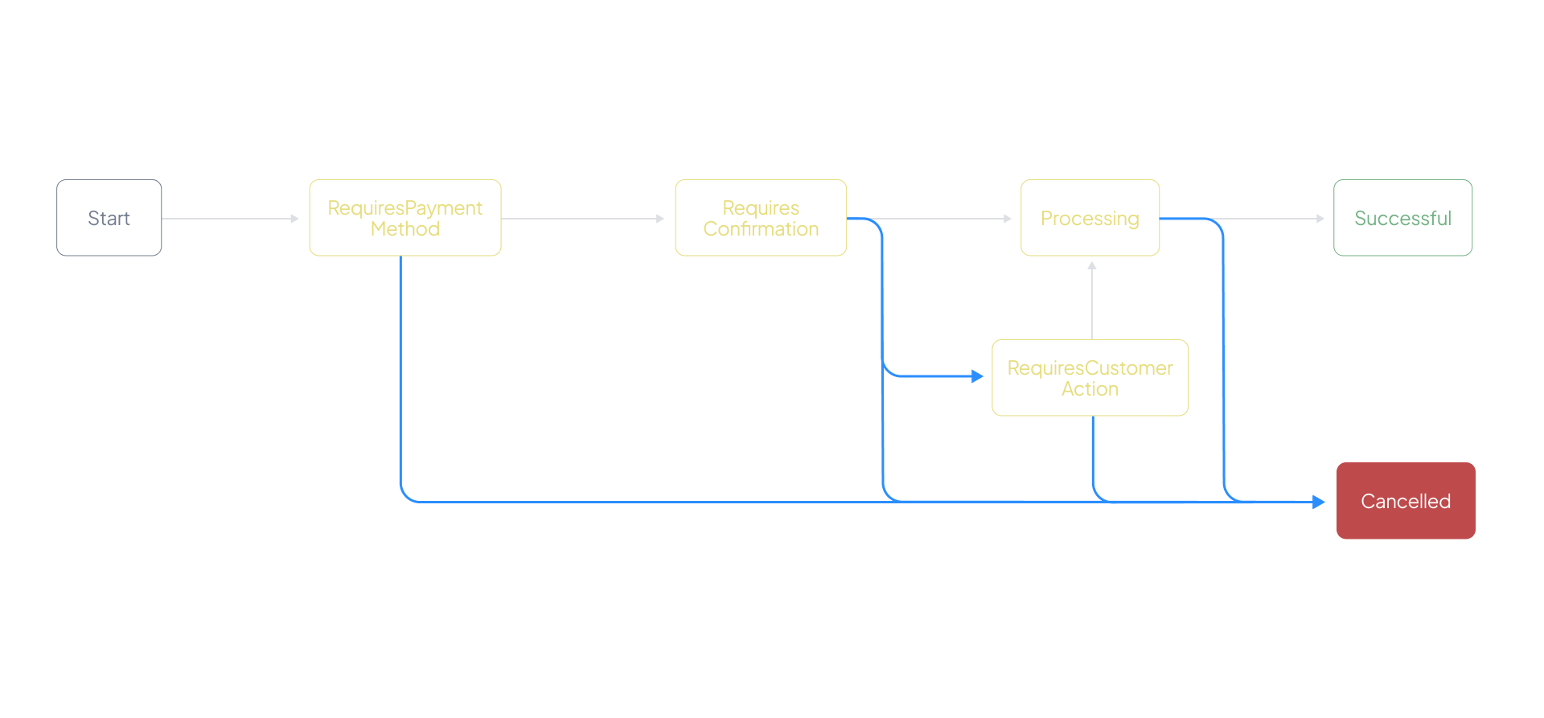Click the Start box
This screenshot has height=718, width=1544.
(109, 218)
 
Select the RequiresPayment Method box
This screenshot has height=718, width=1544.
(404, 218)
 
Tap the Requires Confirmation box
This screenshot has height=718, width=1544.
(761, 218)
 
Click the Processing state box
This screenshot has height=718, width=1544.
(1090, 218)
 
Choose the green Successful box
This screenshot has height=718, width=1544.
(1402, 218)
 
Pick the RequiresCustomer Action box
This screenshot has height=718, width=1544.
(1090, 378)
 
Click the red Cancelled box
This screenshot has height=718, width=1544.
(1406, 501)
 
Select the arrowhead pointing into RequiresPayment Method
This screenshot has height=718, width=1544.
(295, 219)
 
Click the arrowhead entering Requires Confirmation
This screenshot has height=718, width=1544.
(661, 219)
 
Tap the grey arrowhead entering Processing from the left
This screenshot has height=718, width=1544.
(1008, 219)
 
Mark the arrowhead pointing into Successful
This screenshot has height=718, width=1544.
(1320, 219)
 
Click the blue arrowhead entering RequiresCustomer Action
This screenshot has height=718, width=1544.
(978, 376)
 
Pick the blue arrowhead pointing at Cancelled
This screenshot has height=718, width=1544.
(1319, 503)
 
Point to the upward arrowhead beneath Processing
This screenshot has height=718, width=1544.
(1092, 265)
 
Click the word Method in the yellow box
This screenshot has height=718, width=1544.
(404, 229)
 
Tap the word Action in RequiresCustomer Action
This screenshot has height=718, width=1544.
(1090, 389)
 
